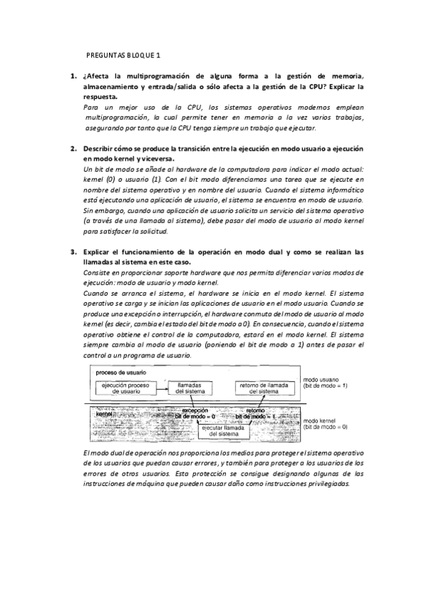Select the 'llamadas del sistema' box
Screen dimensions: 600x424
click(x=190, y=388)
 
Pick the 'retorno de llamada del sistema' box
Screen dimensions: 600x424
click(x=263, y=388)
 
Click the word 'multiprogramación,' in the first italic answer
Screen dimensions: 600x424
click(x=115, y=117)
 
